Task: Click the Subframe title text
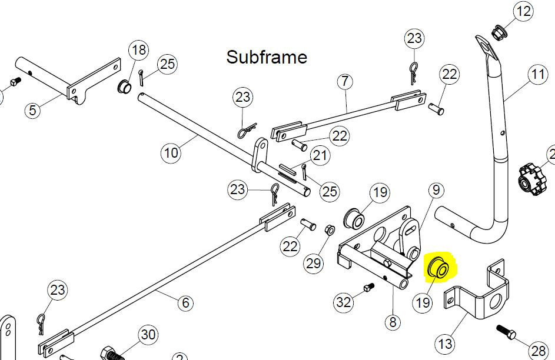(267, 57)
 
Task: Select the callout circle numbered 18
(138, 50)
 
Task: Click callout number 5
(32, 109)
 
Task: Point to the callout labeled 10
(171, 153)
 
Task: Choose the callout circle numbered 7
(345, 82)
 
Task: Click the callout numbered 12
(523, 11)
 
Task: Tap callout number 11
(538, 74)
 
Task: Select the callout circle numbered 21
(320, 155)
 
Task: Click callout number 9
(436, 190)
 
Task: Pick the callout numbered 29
(314, 264)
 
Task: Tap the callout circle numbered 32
(344, 302)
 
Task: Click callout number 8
(393, 322)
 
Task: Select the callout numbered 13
(445, 344)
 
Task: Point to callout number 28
(538, 351)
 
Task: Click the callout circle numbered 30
(148, 335)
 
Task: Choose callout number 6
(185, 303)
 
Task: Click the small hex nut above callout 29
(330, 229)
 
